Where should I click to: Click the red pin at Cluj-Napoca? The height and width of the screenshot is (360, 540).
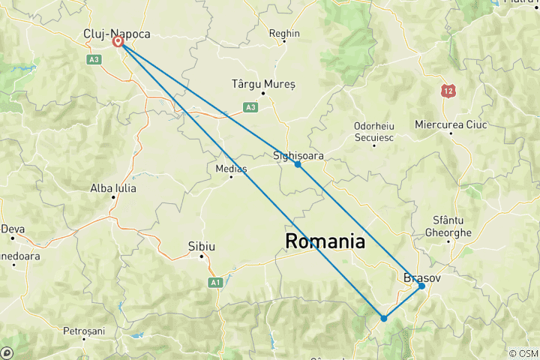coord(118,42)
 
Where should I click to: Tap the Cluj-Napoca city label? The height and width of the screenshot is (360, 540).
coord(117,34)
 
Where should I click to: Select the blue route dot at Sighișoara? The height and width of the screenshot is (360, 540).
coord(298,164)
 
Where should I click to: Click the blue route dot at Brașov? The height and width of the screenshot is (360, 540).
coord(422,286)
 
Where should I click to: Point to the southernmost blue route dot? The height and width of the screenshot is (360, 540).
coord(384,318)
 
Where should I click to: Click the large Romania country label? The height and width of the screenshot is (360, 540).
coord(325,241)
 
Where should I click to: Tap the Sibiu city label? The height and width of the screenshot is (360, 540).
coord(201,246)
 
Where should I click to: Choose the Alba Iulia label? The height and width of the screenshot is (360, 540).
coord(113,188)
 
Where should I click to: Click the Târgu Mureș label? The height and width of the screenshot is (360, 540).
coord(263,84)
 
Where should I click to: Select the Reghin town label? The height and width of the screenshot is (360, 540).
coord(285,34)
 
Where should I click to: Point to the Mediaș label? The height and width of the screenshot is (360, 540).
coord(231,168)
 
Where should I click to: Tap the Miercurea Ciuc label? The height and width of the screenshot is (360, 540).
coord(451,124)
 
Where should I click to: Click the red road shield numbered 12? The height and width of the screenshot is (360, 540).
coord(448,91)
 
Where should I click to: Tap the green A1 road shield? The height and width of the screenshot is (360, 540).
coord(215,282)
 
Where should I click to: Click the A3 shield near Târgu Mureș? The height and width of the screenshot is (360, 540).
coord(250,107)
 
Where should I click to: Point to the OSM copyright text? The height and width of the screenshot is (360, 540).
coord(523,353)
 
